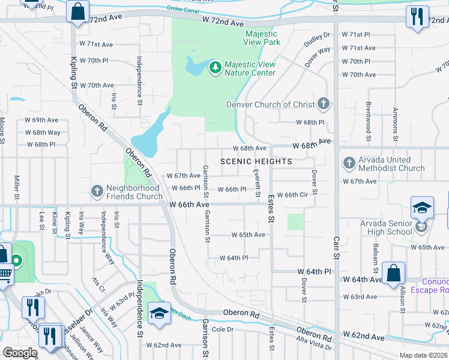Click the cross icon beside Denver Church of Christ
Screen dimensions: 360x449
(x=324, y=104)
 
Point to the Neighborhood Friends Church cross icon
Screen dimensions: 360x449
(x=96, y=191)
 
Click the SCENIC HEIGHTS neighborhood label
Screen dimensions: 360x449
(x=256, y=161)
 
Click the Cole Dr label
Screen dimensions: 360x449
(x=222, y=329)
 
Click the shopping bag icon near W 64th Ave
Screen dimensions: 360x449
(x=393, y=274)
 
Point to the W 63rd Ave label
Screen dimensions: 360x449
(x=359, y=296)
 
